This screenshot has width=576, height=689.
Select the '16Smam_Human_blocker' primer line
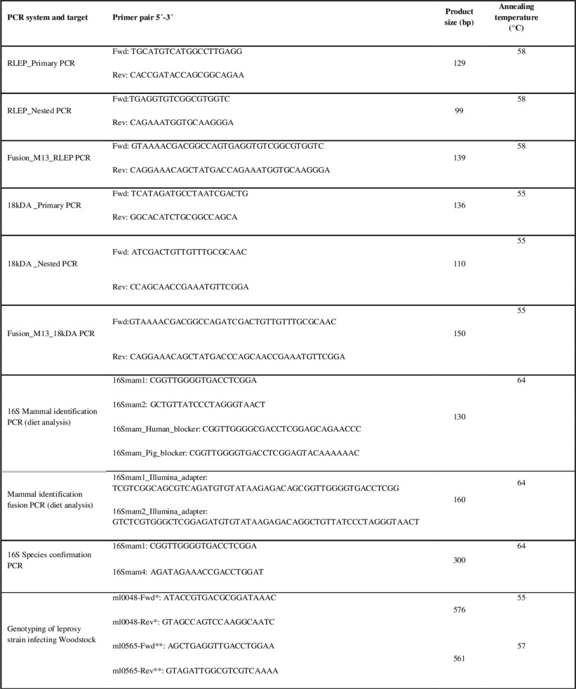click(x=238, y=429)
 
